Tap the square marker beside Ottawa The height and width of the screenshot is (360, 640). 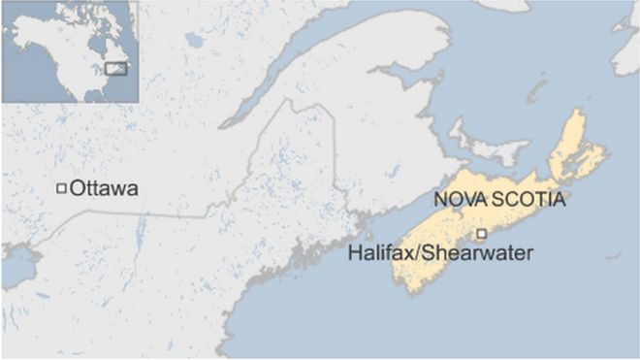[61, 188]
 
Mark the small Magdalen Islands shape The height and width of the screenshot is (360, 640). [535, 92]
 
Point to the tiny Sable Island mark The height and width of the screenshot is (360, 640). [612, 256]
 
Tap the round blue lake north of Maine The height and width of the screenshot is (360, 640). [194, 41]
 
